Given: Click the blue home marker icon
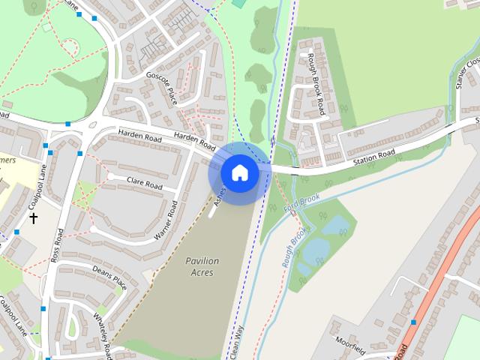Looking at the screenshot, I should pos(239,172).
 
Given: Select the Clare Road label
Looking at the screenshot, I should pos(145,183).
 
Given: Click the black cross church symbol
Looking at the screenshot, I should pos(33,218).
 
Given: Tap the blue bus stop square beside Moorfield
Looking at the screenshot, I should pos(413,322).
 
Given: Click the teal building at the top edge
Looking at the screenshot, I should pos(238,3).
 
